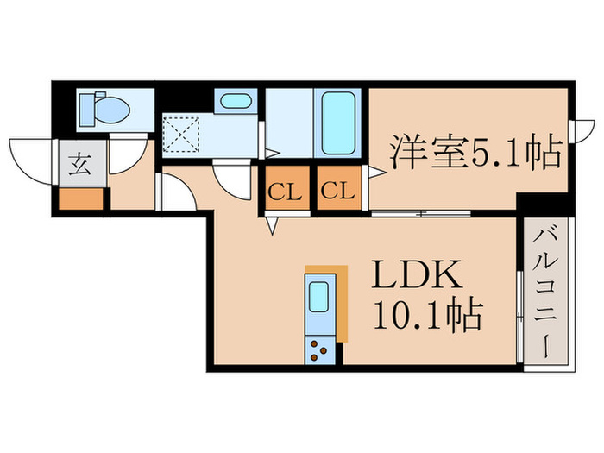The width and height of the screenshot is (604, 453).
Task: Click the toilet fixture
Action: coord(104,109)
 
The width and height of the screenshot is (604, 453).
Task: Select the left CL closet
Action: coord(283,191)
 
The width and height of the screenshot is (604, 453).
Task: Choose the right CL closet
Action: coord(338,191)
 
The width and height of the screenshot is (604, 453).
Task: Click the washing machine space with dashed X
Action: coord(183,135)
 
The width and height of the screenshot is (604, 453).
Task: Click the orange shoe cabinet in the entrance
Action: coord(80,198)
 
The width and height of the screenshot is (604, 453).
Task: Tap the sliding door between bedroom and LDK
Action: coord(420,211)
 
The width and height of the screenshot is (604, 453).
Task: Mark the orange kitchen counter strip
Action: coord(343,302)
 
